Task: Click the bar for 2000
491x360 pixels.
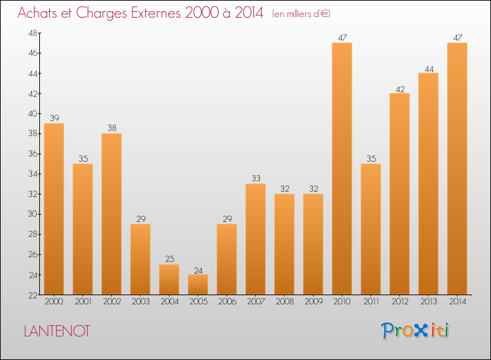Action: point(54,209)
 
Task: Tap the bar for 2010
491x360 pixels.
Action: point(342,168)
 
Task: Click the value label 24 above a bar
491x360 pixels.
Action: point(198,270)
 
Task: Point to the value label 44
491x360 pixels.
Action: point(428,68)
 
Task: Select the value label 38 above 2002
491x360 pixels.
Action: point(111,128)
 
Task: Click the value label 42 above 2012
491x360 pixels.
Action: point(399,88)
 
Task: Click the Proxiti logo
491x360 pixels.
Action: point(416,331)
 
